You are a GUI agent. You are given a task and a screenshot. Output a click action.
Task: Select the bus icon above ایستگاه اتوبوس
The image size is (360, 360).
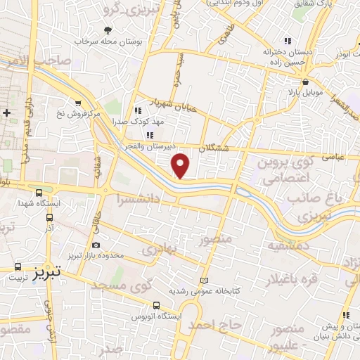click(155, 306)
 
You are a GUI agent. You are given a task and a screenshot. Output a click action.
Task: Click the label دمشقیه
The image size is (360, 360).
click(286, 247)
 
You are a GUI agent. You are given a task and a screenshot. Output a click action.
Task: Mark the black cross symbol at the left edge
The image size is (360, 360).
click(6, 112)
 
